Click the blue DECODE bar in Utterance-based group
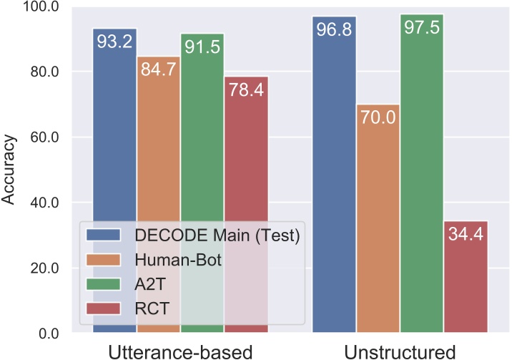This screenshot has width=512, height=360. [114, 143]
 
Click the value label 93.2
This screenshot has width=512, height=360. [114, 42]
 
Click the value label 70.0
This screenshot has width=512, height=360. [378, 118]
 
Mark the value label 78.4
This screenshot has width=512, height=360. [246, 91]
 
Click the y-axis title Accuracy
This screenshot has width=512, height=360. [9, 170]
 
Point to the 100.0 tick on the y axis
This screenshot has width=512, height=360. [44, 7]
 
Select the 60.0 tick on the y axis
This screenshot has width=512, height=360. [46, 137]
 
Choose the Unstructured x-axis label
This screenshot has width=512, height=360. [400, 351]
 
